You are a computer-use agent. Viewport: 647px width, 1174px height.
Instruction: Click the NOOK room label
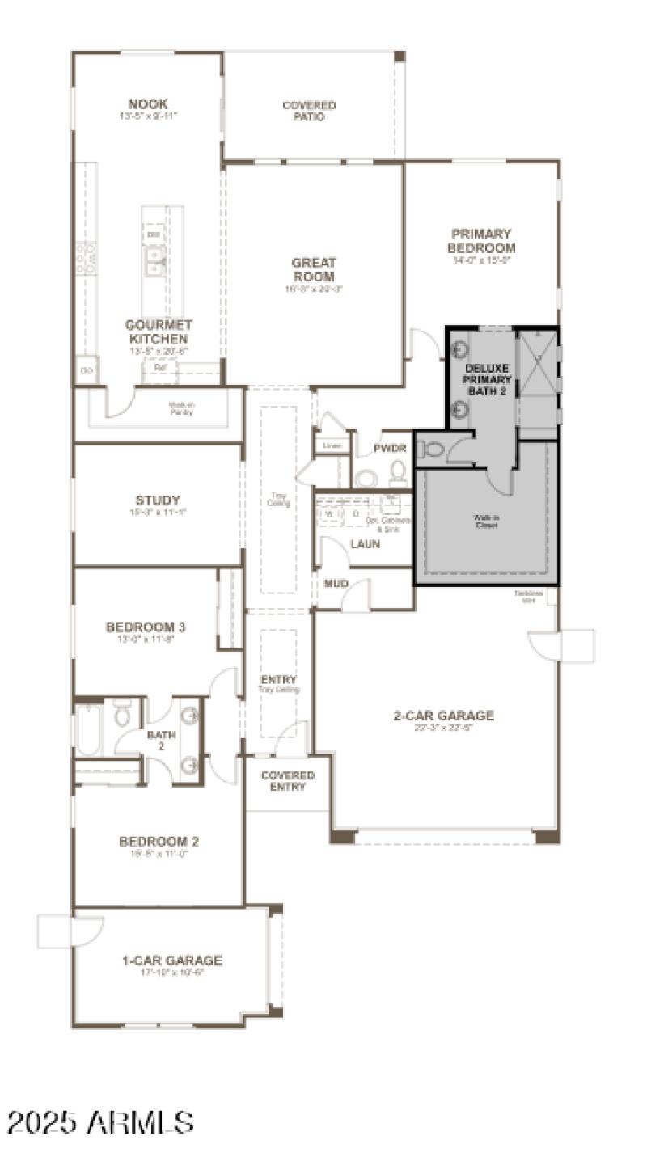pyautogui.click(x=148, y=104)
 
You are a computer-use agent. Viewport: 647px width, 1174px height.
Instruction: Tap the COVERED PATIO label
pyautogui.click(x=309, y=111)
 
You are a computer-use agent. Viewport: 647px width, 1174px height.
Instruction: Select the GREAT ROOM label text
pyautogui.click(x=314, y=270)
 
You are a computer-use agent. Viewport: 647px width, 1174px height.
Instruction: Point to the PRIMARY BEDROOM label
pyautogui.click(x=481, y=241)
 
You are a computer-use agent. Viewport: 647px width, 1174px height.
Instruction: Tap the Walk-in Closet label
pyautogui.click(x=486, y=522)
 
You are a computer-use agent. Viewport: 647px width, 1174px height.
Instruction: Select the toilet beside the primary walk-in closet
pyautogui.click(x=433, y=448)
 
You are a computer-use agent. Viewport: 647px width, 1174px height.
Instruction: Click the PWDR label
pyautogui.click(x=389, y=448)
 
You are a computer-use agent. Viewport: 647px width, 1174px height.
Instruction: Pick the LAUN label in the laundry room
pyautogui.click(x=365, y=544)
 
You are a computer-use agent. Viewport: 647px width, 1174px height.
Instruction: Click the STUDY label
pyautogui.click(x=159, y=500)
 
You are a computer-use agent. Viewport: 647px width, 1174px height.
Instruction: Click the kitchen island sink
pyautogui.click(x=153, y=260)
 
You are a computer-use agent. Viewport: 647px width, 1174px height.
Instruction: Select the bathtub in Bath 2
pyautogui.click(x=88, y=728)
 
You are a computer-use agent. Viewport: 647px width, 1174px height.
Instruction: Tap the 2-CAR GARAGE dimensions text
pyautogui.click(x=443, y=727)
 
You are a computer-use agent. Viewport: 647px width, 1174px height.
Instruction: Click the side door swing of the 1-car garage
pyautogui.click(x=69, y=931)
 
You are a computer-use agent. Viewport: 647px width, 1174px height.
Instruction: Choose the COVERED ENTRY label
pyautogui.click(x=287, y=781)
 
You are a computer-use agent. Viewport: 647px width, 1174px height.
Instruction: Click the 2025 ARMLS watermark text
pyautogui.click(x=100, y=1122)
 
